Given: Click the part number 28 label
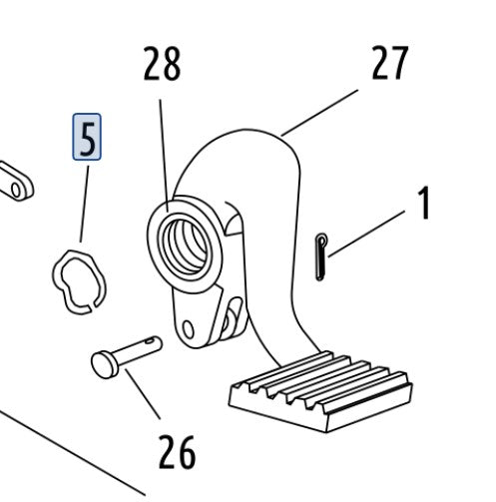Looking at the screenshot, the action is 162,64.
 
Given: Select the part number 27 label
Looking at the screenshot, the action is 390,62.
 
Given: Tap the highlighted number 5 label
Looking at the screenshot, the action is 87,137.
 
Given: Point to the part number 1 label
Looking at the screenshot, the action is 423,203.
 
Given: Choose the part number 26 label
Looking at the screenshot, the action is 177,452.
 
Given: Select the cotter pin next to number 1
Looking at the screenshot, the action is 320,256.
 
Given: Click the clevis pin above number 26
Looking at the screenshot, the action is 127,356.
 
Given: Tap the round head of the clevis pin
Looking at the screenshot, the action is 102,365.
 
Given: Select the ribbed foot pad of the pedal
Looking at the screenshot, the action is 321,391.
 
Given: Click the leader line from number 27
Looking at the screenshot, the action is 319,113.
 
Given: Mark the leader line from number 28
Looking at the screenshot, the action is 164,156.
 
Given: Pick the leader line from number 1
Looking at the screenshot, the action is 366,234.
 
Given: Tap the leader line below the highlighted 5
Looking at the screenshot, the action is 85,204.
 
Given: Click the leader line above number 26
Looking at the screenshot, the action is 143,393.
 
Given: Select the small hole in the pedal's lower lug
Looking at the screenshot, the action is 189,329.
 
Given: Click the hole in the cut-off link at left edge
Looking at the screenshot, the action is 16,190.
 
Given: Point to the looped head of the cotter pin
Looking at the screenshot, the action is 322,239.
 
